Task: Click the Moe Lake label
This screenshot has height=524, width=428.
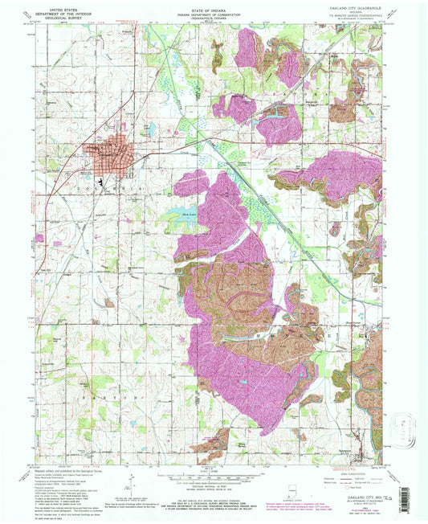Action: [189, 215]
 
